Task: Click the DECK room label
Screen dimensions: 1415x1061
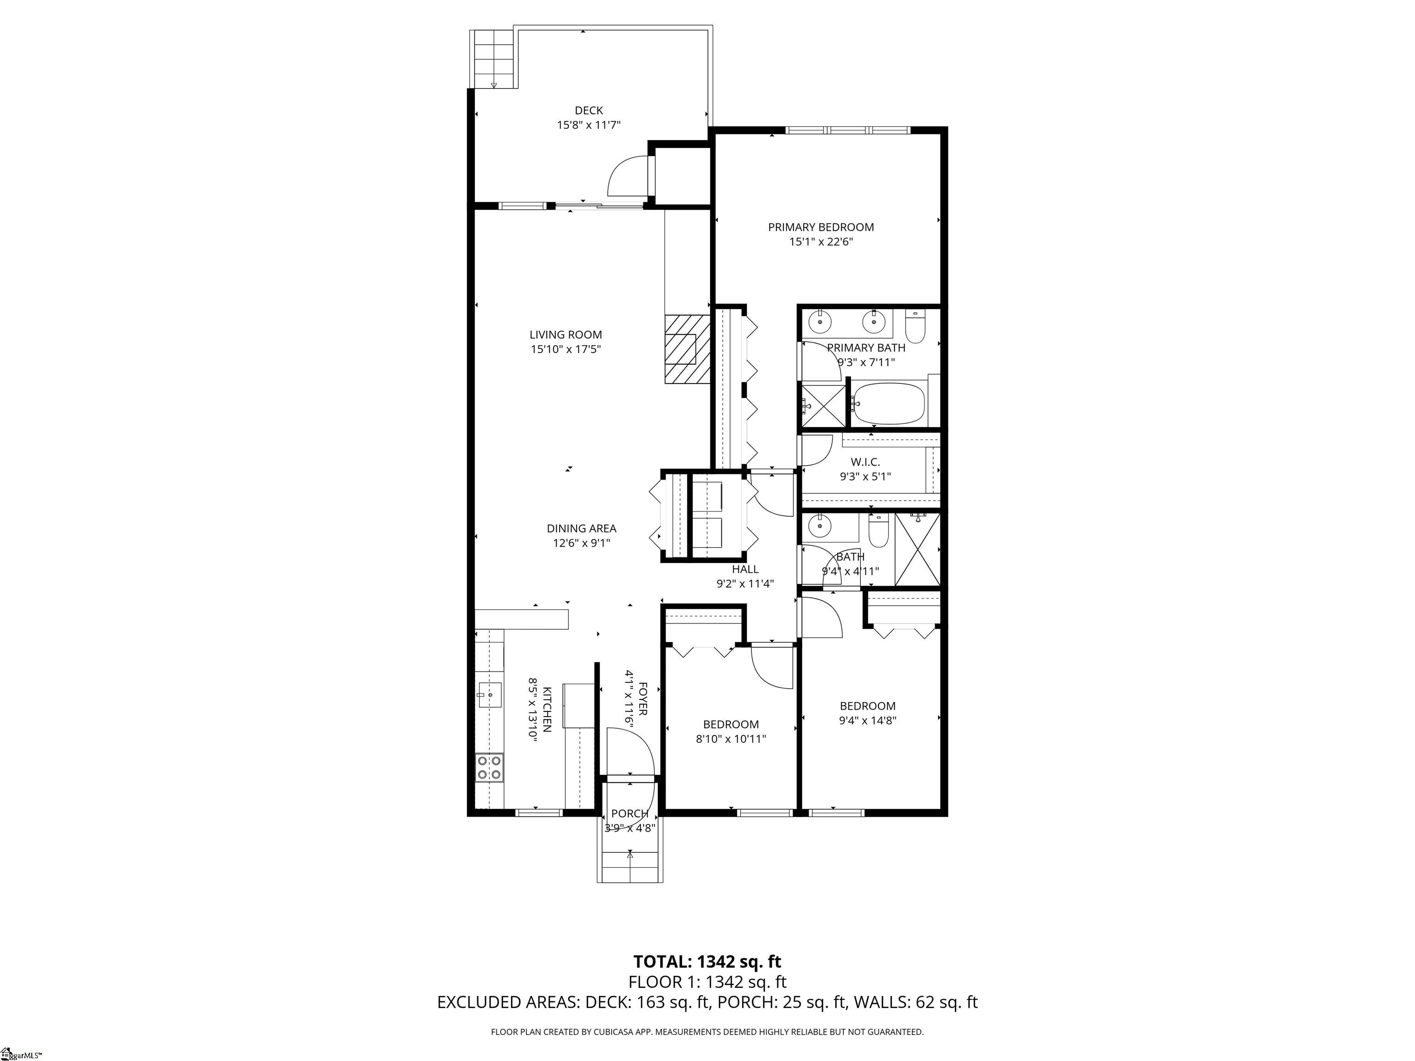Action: (x=589, y=111)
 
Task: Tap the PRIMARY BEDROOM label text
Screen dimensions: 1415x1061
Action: (x=821, y=227)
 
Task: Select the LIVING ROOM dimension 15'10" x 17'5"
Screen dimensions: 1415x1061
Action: (x=566, y=349)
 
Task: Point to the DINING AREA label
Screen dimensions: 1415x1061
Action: (x=581, y=528)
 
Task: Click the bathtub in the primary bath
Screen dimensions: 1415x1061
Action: (x=889, y=403)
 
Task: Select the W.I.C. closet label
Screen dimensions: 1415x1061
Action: (x=865, y=462)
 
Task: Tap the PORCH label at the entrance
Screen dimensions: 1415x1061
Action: (x=630, y=814)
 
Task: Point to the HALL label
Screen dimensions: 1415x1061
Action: (x=745, y=569)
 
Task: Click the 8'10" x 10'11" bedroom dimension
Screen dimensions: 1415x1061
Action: (x=731, y=739)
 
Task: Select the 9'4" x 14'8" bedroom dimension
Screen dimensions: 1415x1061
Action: (x=867, y=721)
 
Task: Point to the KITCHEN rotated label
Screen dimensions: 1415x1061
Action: (x=548, y=709)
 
